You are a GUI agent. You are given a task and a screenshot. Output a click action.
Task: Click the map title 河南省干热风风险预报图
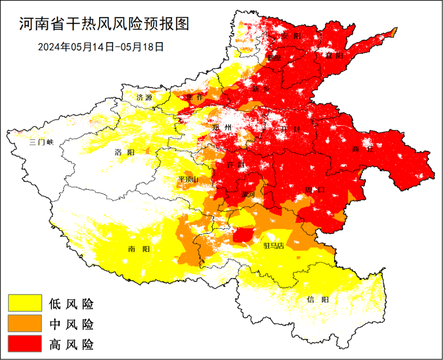click(104, 24)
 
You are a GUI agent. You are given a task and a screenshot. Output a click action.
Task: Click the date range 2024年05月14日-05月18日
click(101, 47)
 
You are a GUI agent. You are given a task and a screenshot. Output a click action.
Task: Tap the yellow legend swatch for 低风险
click(25, 303)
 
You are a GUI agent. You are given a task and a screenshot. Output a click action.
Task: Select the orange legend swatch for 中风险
click(25, 323)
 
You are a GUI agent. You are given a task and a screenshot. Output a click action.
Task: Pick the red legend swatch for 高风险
click(25, 344)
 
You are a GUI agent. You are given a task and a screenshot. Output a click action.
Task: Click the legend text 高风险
click(71, 344)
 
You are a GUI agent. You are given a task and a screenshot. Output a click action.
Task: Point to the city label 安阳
click(291, 36)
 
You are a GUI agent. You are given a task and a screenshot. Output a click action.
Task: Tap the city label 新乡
click(261, 89)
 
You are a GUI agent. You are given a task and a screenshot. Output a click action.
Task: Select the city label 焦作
click(194, 97)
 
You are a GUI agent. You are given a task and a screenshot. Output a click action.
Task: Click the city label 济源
click(144, 98)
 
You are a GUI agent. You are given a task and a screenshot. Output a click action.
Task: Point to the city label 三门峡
click(41, 142)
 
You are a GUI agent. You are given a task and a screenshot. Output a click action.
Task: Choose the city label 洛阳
click(124, 152)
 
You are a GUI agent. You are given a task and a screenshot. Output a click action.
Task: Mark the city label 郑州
click(222, 128)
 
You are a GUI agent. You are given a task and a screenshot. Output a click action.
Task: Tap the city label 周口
click(315, 190)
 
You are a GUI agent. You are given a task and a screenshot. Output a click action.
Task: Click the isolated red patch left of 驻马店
click(243, 235)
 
